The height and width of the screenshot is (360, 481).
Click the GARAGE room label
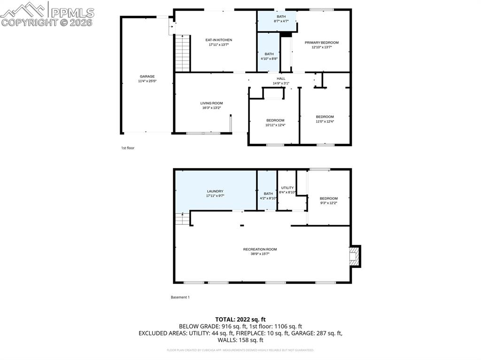point(147,77)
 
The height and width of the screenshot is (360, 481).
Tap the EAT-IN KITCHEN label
point(218,40)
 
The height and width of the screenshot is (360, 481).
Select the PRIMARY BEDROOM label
point(321,43)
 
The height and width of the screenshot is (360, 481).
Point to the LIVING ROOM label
point(211,103)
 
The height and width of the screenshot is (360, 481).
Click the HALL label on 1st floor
point(281,78)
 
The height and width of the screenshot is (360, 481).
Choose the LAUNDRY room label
point(215,191)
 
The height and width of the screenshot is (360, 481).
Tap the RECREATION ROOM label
point(260,249)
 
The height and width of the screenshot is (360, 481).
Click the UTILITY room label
point(287,188)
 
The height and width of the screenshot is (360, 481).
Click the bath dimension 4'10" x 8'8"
point(269,59)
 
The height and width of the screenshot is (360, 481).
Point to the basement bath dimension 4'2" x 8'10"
point(268,199)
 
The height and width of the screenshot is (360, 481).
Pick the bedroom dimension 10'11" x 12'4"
point(275,125)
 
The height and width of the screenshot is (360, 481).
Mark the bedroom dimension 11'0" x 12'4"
point(325,122)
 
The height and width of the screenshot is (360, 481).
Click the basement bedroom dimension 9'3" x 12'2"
point(328,203)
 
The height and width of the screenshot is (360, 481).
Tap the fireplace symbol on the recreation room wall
point(355,256)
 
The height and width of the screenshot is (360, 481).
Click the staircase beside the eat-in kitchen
point(182,53)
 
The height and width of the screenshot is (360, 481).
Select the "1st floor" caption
point(128,148)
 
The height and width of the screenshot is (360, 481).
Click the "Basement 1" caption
point(180,297)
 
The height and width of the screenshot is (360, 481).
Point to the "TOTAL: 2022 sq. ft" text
point(240,319)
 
